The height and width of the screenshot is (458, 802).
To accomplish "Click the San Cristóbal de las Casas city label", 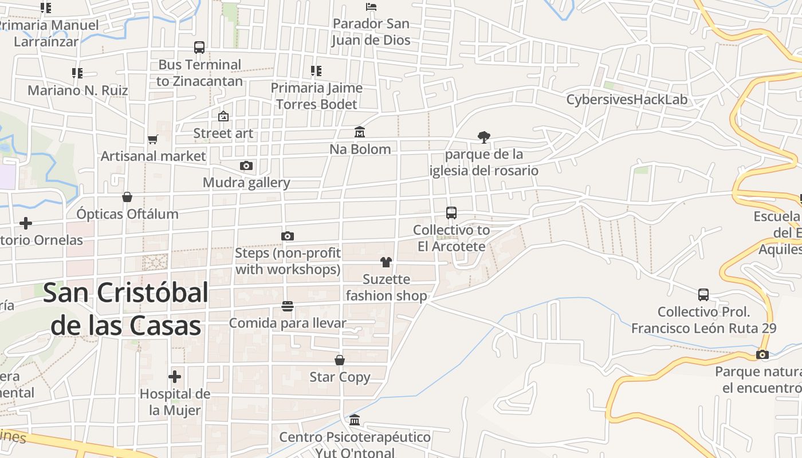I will click(x=126, y=309).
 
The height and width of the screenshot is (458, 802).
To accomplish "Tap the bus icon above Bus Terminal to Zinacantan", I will click(x=199, y=48).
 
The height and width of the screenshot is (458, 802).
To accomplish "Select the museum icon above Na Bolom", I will click(x=360, y=132).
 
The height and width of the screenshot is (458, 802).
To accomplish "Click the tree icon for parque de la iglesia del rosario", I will click(x=484, y=137).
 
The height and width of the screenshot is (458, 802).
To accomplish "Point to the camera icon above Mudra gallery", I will click(x=246, y=166).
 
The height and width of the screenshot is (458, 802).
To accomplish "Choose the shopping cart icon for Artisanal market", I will click(x=153, y=139).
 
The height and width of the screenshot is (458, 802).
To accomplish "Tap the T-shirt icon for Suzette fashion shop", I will click(x=386, y=262).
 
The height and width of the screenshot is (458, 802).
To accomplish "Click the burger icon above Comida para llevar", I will click(x=288, y=306).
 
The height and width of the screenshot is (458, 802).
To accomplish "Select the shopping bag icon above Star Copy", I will click(x=340, y=360).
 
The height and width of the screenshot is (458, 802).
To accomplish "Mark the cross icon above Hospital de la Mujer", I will click(x=175, y=377).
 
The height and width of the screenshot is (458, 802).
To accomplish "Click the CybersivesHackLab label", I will click(x=627, y=100).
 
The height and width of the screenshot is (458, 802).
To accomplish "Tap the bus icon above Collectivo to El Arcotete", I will click(x=451, y=213).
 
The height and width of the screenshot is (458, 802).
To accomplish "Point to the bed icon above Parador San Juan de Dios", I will click(x=371, y=7).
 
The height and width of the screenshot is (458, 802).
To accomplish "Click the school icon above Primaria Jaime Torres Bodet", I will click(x=316, y=71).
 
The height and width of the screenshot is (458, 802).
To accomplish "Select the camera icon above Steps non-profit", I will click(x=288, y=236).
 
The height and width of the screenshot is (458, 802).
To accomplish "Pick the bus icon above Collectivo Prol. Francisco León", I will click(x=703, y=295).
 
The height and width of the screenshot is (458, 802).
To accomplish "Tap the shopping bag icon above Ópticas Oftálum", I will click(x=127, y=197).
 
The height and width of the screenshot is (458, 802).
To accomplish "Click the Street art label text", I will click(x=223, y=133).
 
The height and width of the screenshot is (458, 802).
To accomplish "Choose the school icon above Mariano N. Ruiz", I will click(x=77, y=73).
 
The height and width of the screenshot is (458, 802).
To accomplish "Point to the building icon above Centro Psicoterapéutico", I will click(x=355, y=420).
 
